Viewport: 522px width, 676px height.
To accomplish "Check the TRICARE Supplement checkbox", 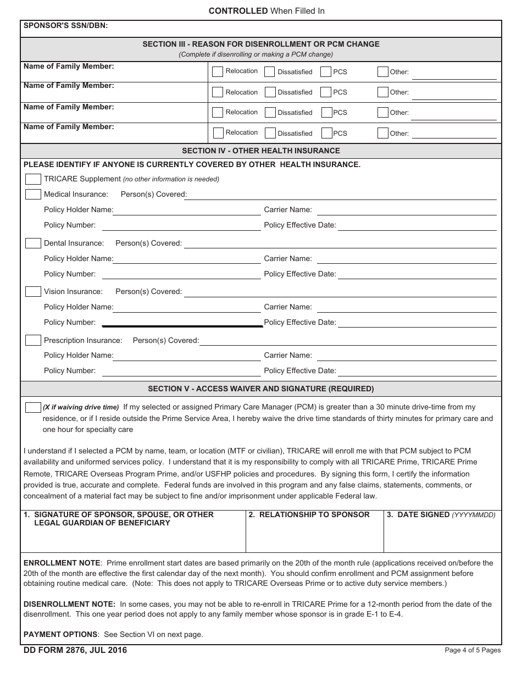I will point(33,179).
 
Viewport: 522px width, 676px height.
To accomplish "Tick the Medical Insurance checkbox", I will point(33,195).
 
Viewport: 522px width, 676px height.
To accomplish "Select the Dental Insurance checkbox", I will point(33,243).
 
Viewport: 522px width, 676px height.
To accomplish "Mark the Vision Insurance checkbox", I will point(33,292).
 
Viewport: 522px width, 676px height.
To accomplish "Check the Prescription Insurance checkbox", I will point(33,340).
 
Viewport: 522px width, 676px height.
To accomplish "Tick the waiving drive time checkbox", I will point(33,407).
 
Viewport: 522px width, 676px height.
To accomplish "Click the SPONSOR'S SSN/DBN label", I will point(65,25).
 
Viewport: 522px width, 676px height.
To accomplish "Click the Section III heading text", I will point(260,45).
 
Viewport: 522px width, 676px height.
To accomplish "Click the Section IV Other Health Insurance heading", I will point(260,151).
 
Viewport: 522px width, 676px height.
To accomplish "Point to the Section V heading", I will point(260,389).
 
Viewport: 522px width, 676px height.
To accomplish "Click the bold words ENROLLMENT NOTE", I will point(62,563).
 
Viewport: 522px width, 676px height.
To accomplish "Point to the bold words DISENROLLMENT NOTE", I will point(69,604).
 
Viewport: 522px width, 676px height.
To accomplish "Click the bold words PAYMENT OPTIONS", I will point(61,634).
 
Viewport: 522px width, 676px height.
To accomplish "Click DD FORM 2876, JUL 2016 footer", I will point(75,650).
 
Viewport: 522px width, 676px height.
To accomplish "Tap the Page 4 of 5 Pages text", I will point(473,650).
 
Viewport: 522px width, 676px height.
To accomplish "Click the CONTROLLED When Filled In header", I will point(266,11).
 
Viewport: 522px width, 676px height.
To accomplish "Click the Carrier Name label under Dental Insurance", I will point(288,259).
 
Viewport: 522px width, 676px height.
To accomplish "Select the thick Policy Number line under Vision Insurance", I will point(187,326).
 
